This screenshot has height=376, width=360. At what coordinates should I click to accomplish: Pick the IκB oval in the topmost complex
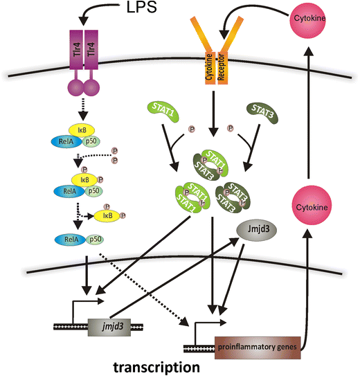tap(82, 130)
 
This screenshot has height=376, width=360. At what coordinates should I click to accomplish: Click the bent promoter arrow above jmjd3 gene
tap(91, 307)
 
